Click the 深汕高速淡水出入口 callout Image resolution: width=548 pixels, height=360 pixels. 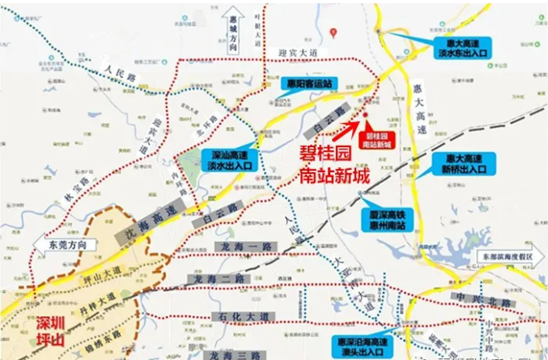point(230,159)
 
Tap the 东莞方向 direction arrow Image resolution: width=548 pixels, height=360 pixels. point(64,244)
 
